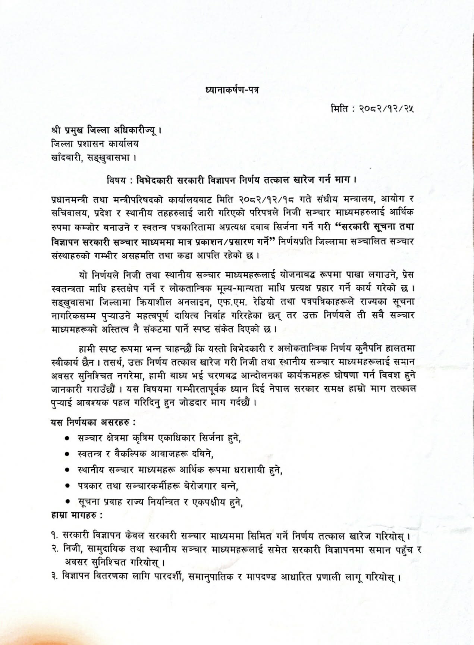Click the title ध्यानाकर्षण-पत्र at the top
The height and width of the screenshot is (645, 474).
(x=232, y=90)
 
